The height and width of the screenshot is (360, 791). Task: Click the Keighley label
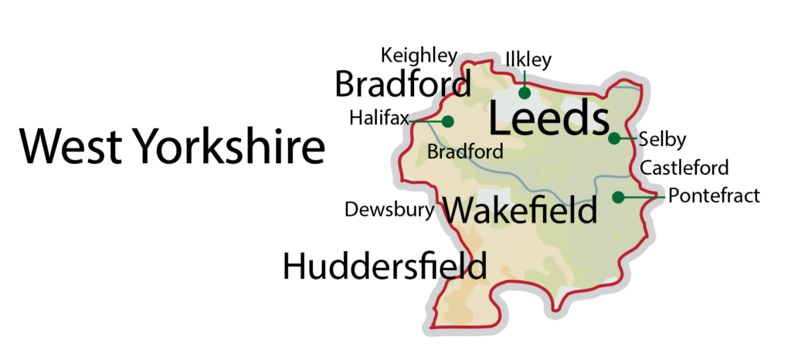(x=419, y=57)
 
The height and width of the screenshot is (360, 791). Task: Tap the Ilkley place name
(x=528, y=59)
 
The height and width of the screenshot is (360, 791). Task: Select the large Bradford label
(x=402, y=84)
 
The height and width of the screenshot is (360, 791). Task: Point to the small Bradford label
(x=465, y=151)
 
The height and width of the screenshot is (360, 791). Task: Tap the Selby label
(x=663, y=140)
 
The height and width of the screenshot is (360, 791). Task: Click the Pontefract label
(x=714, y=196)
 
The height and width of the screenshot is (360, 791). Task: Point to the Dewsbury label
(x=389, y=209)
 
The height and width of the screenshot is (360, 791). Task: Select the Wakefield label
(x=521, y=210)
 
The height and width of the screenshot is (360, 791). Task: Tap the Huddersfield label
(x=385, y=267)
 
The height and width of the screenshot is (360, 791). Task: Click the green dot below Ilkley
(x=525, y=93)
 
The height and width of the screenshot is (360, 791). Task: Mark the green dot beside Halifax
(x=447, y=121)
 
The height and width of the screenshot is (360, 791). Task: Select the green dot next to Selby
(x=613, y=139)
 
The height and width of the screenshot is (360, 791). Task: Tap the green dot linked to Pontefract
(x=618, y=197)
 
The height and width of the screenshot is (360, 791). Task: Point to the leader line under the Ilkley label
(x=525, y=79)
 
